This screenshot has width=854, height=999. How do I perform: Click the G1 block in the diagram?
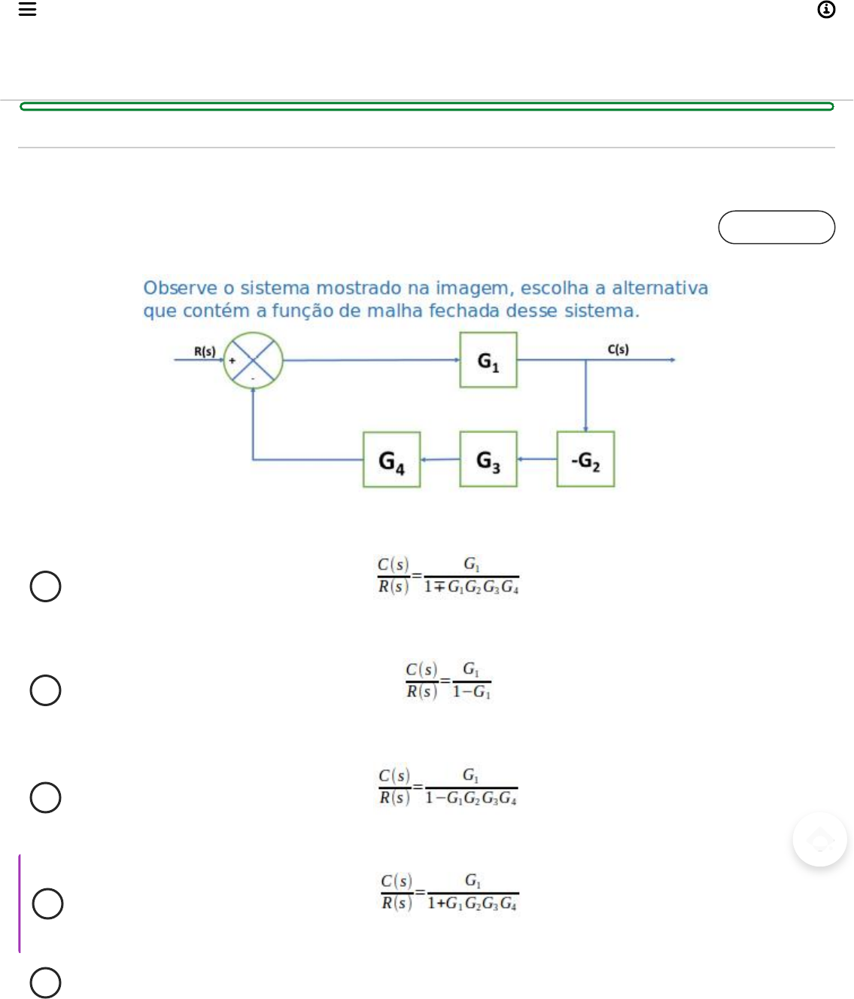click(488, 361)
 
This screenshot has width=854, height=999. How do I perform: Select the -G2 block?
click(585, 459)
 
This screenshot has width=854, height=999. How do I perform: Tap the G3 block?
click(488, 459)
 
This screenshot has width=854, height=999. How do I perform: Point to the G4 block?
click(391, 460)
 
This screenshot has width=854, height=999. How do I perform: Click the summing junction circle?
click(254, 361)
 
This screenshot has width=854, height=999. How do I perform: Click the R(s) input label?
click(205, 352)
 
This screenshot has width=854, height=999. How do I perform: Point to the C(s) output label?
click(618, 349)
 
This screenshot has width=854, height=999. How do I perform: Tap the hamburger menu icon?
click(28, 9)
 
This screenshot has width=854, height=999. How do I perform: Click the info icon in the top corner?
click(826, 10)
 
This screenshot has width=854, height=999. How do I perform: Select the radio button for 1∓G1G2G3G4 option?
click(45, 586)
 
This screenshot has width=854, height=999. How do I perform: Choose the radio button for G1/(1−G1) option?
click(45, 690)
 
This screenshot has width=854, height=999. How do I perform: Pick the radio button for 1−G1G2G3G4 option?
click(45, 798)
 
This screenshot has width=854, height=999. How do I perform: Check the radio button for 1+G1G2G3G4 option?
click(47, 904)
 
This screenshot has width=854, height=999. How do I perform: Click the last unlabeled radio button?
click(45, 982)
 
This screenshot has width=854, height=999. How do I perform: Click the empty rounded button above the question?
click(777, 227)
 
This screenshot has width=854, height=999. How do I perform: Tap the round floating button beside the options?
click(819, 839)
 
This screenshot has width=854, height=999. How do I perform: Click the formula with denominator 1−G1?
click(448, 681)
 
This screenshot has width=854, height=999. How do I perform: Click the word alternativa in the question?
click(660, 288)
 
